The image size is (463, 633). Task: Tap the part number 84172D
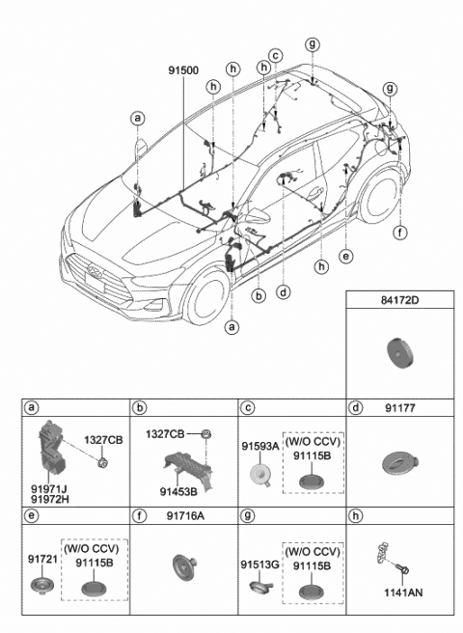pos(402,313)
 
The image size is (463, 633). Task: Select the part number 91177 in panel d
pos(404,408)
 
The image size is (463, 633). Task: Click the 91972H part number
pos(48,500)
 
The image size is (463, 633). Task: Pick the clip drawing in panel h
pos(384,557)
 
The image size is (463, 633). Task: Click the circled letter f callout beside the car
pos(398,232)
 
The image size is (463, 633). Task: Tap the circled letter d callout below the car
pos(282,289)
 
